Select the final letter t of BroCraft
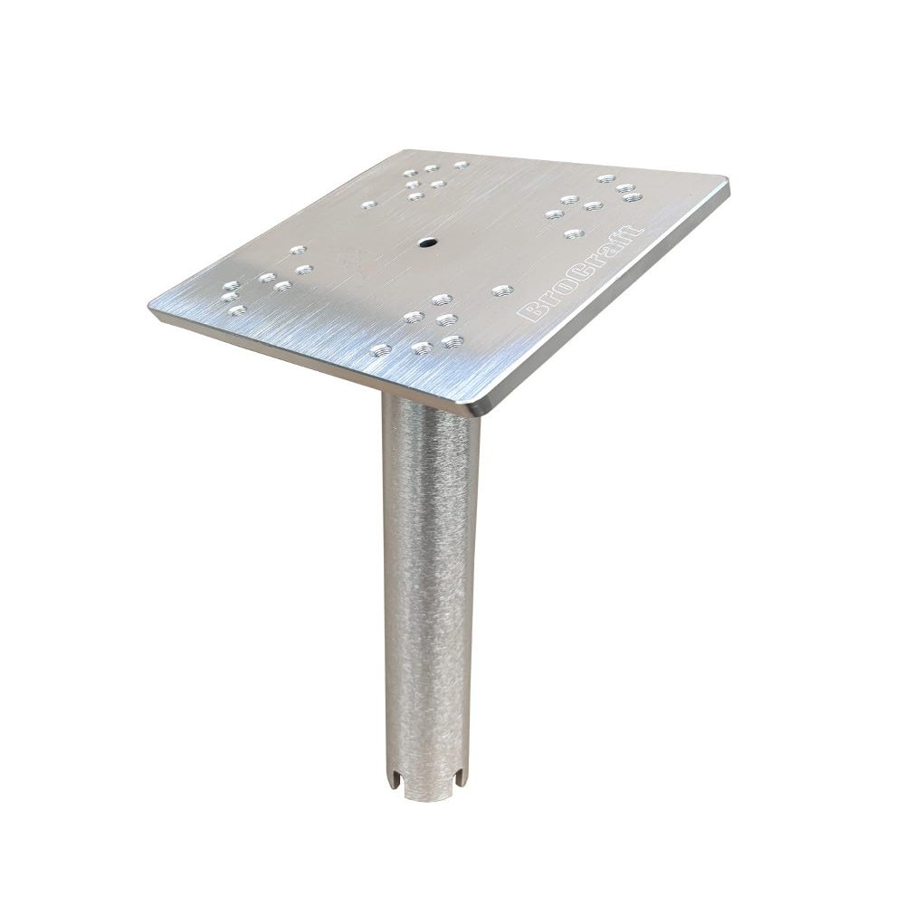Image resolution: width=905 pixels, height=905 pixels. click(x=635, y=230)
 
